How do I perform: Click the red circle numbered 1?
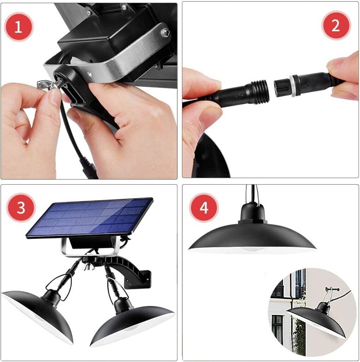tap(18, 27)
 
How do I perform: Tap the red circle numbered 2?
tap(336, 25)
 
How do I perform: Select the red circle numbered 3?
tap(21, 208)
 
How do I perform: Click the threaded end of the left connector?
tap(260, 92)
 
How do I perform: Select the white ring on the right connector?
tap(293, 86)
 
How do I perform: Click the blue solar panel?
tap(89, 217)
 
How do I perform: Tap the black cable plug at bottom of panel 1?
tap(89, 167)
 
